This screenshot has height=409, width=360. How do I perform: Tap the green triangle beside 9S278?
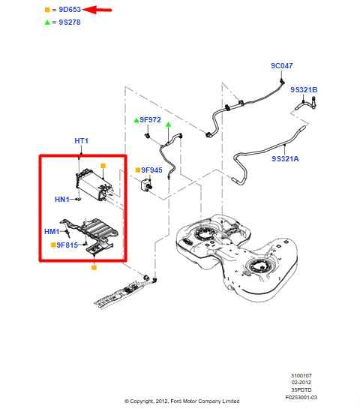48,23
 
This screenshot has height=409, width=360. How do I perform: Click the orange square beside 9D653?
48,10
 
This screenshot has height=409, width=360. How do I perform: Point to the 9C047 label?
282,67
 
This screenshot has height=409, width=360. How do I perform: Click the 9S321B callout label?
305,90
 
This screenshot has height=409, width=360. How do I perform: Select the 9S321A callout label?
286,158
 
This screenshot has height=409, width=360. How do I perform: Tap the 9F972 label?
150,119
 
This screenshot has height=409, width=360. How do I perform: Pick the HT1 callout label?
81,141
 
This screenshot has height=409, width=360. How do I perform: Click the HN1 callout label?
61,199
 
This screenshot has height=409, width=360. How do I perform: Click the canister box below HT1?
91,185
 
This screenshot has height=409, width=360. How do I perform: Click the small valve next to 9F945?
145,185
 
